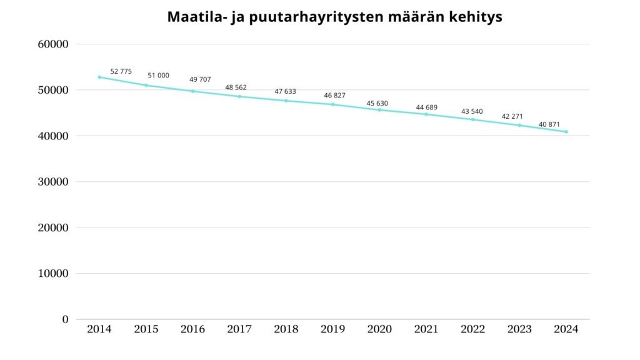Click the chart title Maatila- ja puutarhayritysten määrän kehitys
click(334, 17)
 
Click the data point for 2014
click(99, 77)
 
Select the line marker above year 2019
click(332, 104)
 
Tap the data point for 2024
click(566, 131)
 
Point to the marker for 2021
click(426, 114)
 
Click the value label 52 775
click(121, 71)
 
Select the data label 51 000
click(158, 75)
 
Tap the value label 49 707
click(200, 79)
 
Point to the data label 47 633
click(285, 91)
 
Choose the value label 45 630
click(377, 103)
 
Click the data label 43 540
click(472, 111)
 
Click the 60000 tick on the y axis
click(53, 44)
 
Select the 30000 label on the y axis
click(53, 182)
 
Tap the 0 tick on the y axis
click(65, 319)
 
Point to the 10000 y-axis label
click(53, 274)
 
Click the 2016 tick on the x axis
click(192, 329)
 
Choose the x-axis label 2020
click(379, 329)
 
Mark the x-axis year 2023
click(519, 329)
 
